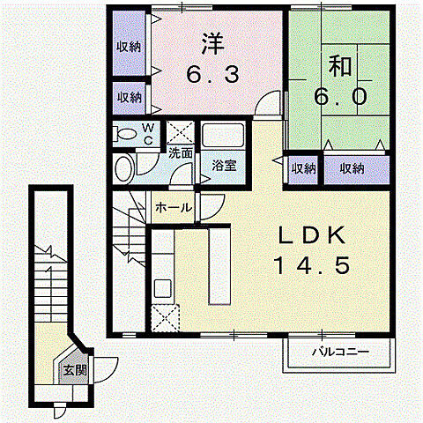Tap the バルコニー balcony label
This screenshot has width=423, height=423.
[x=339, y=353]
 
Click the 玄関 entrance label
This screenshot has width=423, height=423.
[x=75, y=370]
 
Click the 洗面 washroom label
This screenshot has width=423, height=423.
[x=181, y=152]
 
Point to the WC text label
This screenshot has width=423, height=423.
[x=148, y=133]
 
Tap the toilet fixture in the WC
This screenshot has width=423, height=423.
[x=126, y=135]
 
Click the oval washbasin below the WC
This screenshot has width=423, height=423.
[x=125, y=168]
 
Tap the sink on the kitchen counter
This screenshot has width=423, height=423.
[x=163, y=288]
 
